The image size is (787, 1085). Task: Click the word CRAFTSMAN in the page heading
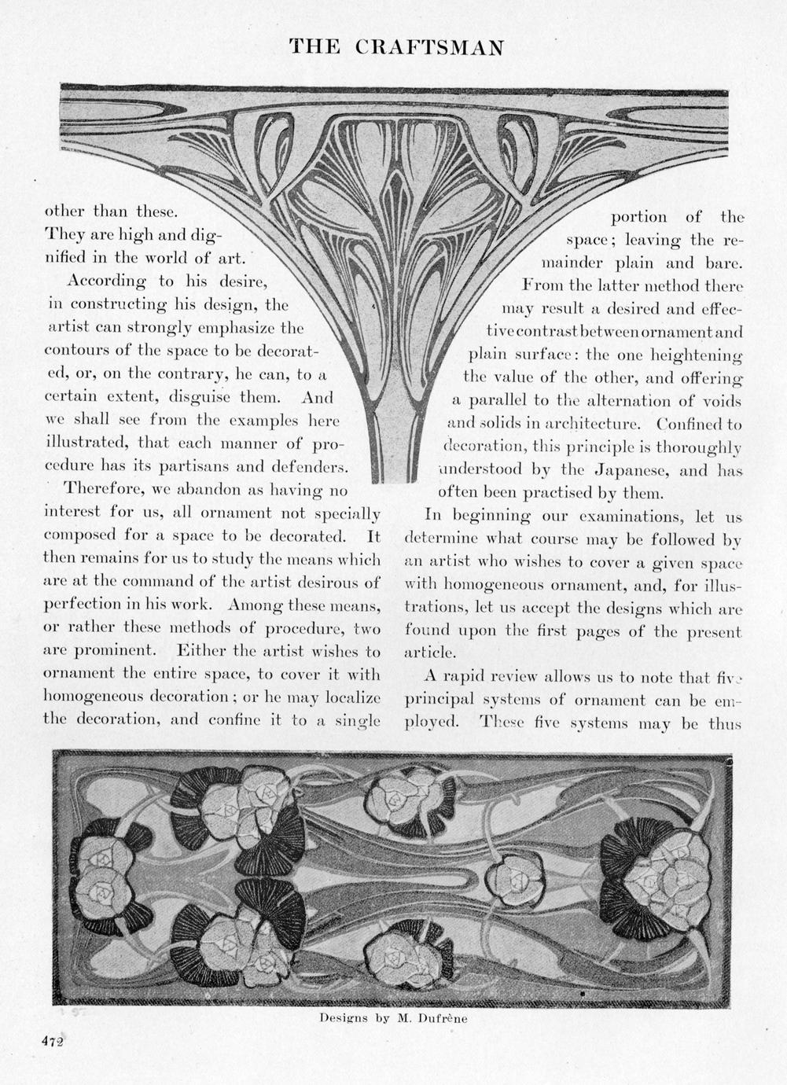(428, 47)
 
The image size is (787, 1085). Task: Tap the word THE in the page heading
(314, 47)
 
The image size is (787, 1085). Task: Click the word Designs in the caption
(343, 1017)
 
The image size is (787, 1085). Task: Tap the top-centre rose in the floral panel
(399, 800)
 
